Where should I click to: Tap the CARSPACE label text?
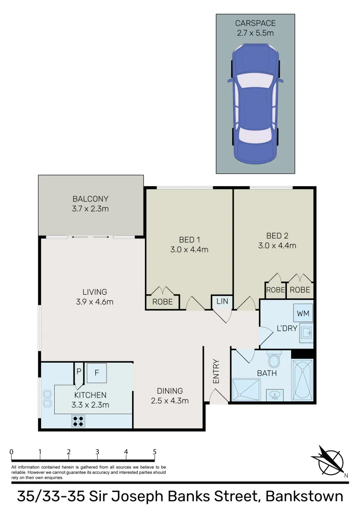[x=255, y=23]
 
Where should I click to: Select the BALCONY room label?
[x=91, y=199]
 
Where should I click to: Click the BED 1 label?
[x=189, y=239]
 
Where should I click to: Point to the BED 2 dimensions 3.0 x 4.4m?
[x=277, y=246]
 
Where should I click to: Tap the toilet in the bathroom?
[x=274, y=360]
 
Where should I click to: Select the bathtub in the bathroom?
[x=302, y=380]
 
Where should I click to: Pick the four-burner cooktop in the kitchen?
[x=78, y=420]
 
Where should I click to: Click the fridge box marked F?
[x=97, y=372]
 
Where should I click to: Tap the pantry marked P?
[x=79, y=371]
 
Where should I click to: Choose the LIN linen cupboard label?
[x=222, y=301]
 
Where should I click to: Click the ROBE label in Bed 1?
[x=162, y=302]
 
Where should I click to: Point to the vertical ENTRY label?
[x=216, y=372]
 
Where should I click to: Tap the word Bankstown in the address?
[x=304, y=496]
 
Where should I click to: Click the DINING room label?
[x=170, y=391]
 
